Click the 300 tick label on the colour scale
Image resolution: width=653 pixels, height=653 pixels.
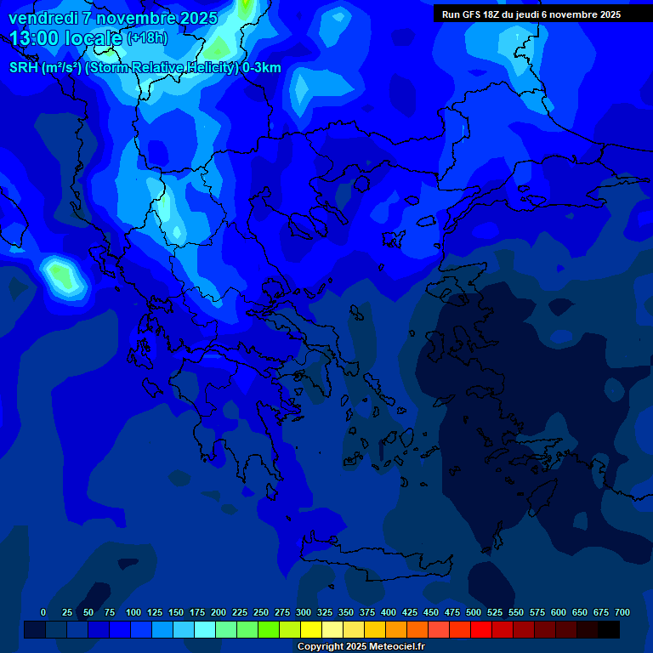pos(304,612)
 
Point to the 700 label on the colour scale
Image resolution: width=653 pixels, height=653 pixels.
pos(622,612)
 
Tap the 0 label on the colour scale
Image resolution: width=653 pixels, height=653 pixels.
pos(43,612)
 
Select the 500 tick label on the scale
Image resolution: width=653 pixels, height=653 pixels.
pos(474,612)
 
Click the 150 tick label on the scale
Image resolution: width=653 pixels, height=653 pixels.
pos(176,612)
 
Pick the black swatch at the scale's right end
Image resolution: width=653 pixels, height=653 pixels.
pos(609,629)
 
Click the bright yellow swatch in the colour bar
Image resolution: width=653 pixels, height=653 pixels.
pos(311,629)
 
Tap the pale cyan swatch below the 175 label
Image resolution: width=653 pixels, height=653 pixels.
pos(205,629)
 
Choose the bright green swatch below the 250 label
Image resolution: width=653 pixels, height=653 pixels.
pos(269,629)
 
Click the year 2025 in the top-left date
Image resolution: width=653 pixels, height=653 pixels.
pos(196,18)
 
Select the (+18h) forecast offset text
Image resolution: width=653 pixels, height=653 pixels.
pos(147,38)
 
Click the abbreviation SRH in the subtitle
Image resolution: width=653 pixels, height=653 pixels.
pos(23,68)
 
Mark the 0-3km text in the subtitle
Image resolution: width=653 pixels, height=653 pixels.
pos(261,68)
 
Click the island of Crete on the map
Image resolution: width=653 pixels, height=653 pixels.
pos(374,565)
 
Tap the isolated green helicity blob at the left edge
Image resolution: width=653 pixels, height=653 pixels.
pos(61,274)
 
